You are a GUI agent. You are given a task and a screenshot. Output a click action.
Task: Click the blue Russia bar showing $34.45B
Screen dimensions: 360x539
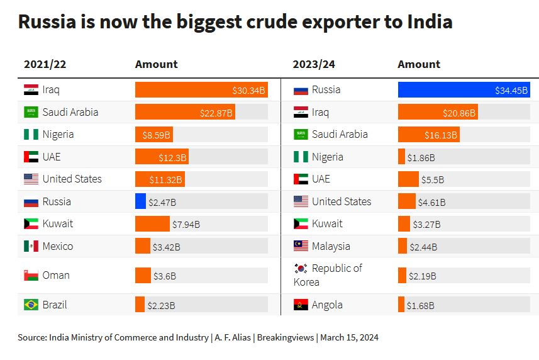click(464, 90)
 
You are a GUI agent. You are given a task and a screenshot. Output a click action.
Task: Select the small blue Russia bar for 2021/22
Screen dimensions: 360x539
click(140, 201)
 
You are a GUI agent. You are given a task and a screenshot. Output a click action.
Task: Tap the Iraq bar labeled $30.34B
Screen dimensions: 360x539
click(201, 90)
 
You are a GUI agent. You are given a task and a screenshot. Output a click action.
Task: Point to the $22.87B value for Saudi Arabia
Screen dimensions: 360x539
click(216, 113)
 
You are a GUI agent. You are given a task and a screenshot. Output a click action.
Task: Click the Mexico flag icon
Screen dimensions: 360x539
click(31, 247)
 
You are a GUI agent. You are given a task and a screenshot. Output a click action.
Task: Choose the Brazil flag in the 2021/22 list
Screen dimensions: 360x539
click(31, 305)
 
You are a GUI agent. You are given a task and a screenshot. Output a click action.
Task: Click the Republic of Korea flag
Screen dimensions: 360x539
click(301, 269)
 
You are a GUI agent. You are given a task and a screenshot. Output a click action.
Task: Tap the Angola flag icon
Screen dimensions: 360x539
click(301, 305)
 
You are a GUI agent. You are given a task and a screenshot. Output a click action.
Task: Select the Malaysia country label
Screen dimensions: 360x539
click(331, 246)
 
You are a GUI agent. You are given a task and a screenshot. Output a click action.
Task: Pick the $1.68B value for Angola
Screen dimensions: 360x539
click(420, 306)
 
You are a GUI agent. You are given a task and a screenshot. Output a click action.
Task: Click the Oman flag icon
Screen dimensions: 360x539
click(31, 276)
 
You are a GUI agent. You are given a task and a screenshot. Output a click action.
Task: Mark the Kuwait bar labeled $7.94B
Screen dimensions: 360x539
click(152, 224)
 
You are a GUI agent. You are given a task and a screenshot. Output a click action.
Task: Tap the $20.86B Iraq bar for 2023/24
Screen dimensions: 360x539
click(437, 113)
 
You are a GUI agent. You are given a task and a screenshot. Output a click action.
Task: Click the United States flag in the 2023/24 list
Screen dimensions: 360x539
click(301, 202)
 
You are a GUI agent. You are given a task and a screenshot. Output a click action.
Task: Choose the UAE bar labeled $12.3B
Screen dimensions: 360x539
click(161, 157)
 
